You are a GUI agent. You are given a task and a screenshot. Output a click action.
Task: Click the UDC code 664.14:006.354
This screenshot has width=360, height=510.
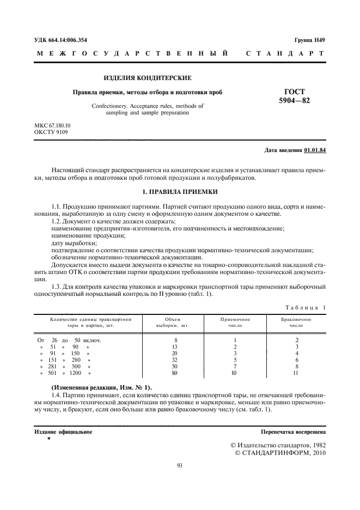point(60,40)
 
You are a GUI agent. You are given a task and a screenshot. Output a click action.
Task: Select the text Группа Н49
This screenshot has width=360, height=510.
point(310,40)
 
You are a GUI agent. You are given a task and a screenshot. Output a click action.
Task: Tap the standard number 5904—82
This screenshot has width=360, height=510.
point(295,101)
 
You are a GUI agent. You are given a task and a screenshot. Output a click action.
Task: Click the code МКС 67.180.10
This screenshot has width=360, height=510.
point(52,125)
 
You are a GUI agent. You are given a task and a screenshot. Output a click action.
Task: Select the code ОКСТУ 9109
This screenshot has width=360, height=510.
point(51,132)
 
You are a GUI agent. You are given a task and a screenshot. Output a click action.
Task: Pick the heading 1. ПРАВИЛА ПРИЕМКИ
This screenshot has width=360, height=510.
point(180,192)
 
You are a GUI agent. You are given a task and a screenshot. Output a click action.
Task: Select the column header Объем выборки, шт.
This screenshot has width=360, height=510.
point(174,322)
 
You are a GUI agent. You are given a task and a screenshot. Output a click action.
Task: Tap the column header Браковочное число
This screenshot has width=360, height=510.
point(296,322)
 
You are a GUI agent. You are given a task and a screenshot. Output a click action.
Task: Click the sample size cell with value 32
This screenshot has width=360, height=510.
point(174,360)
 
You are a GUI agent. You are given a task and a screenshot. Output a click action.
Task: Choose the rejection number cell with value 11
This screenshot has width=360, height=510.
point(296,373)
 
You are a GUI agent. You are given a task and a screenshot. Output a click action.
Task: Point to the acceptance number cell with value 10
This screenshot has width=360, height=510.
point(235,373)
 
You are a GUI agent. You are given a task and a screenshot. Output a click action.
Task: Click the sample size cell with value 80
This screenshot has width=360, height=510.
point(174,373)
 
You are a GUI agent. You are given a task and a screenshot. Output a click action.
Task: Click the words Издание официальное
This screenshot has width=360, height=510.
point(63,432)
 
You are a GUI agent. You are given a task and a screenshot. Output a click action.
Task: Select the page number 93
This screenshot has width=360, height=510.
point(180,465)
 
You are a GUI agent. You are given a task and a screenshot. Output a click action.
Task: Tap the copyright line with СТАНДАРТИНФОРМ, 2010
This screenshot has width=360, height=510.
point(280,452)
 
